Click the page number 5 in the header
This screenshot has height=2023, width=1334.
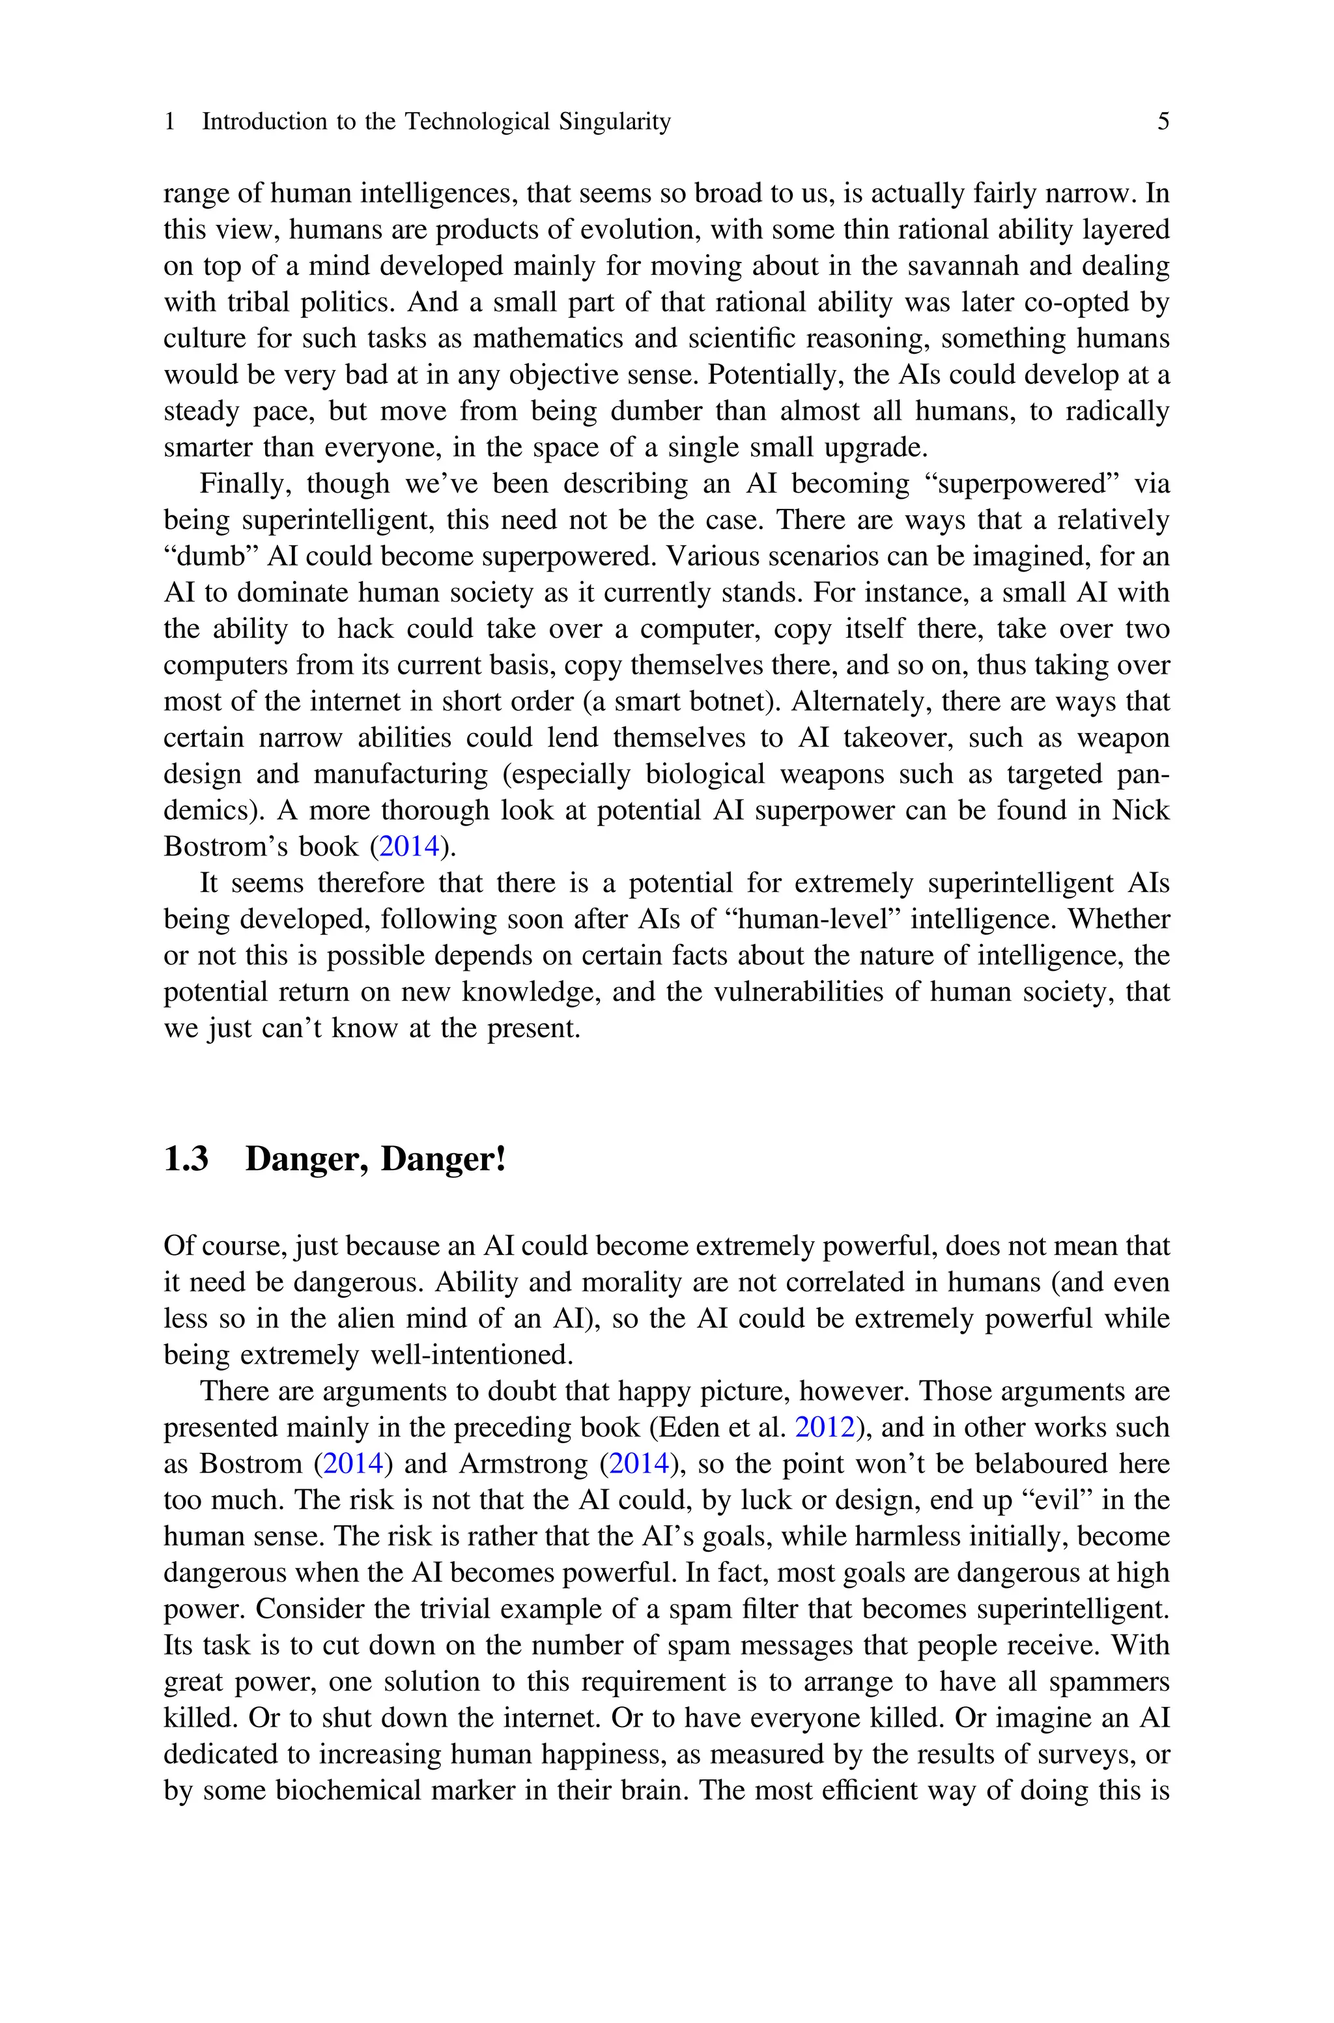1163,122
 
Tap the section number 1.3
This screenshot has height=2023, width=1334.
186,1158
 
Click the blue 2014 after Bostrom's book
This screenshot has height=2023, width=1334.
408,846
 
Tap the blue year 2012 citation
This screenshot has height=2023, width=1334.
825,1428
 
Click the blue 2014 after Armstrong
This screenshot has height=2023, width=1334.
639,1464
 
